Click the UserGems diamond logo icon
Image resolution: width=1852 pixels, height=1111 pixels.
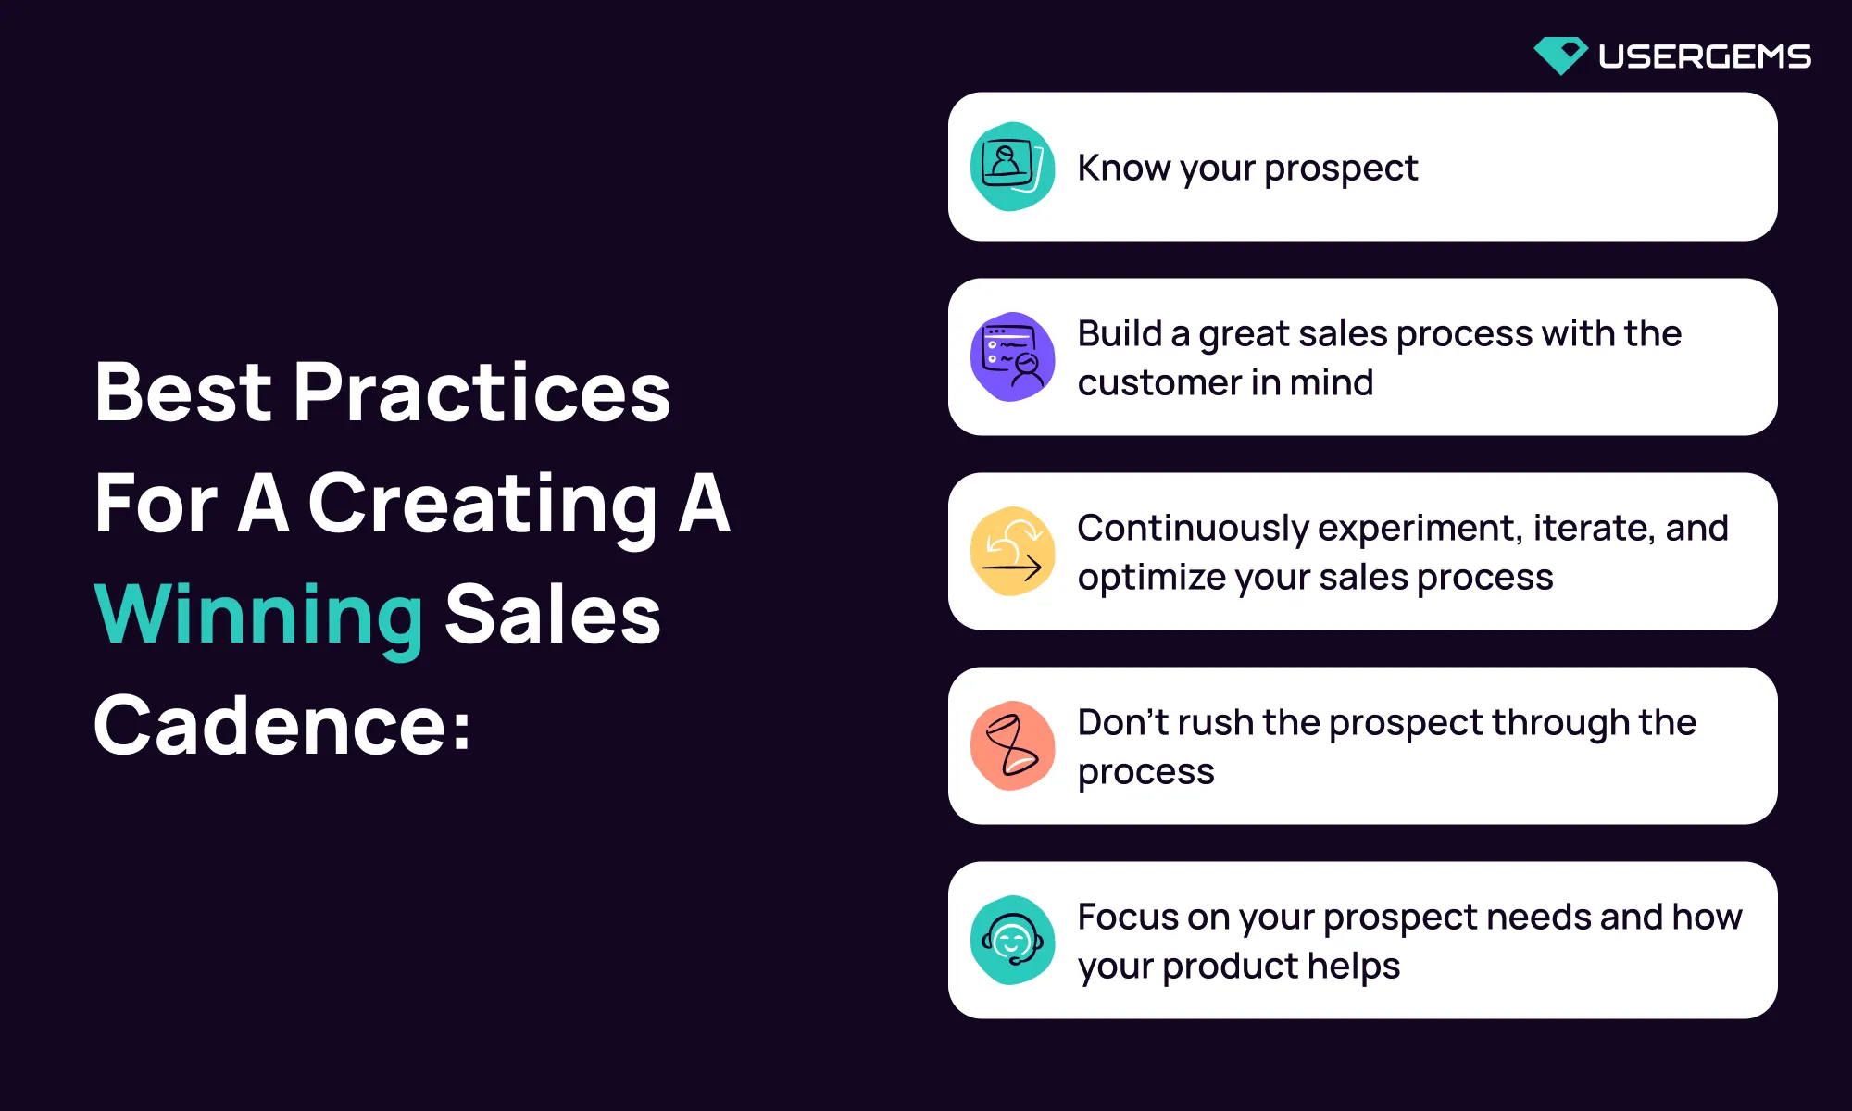1560,56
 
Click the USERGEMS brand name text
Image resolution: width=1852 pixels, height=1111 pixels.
1705,56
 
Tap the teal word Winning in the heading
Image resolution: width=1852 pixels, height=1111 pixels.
259,615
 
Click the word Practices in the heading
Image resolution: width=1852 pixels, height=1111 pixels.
482,392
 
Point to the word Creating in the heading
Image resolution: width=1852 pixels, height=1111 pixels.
482,505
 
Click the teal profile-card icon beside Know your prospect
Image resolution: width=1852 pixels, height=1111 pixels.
1012,167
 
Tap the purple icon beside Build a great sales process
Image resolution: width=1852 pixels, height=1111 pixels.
1012,356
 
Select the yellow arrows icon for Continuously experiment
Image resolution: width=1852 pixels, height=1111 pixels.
1012,551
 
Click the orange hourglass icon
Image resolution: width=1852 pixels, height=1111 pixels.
1012,745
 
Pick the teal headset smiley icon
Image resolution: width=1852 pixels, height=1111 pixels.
1012,940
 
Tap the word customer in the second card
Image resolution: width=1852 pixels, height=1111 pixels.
1159,383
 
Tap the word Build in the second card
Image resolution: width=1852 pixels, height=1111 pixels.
1120,333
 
